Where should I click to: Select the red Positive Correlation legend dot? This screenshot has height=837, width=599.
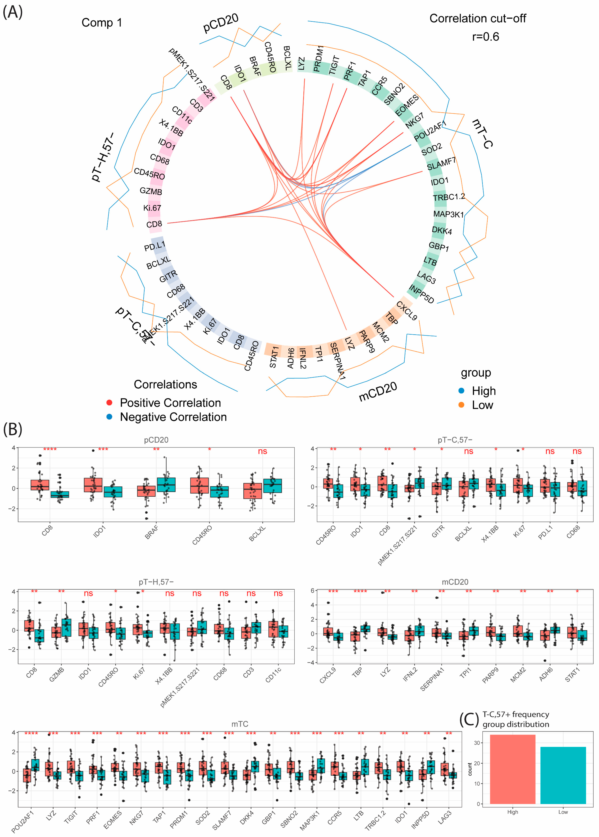109,402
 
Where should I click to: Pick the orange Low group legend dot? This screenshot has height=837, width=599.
461,405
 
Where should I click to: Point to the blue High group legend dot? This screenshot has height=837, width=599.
461,390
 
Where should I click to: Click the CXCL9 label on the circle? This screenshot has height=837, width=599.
407,311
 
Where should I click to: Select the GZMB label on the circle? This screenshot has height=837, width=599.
151,191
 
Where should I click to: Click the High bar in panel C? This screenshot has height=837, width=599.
512,769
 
